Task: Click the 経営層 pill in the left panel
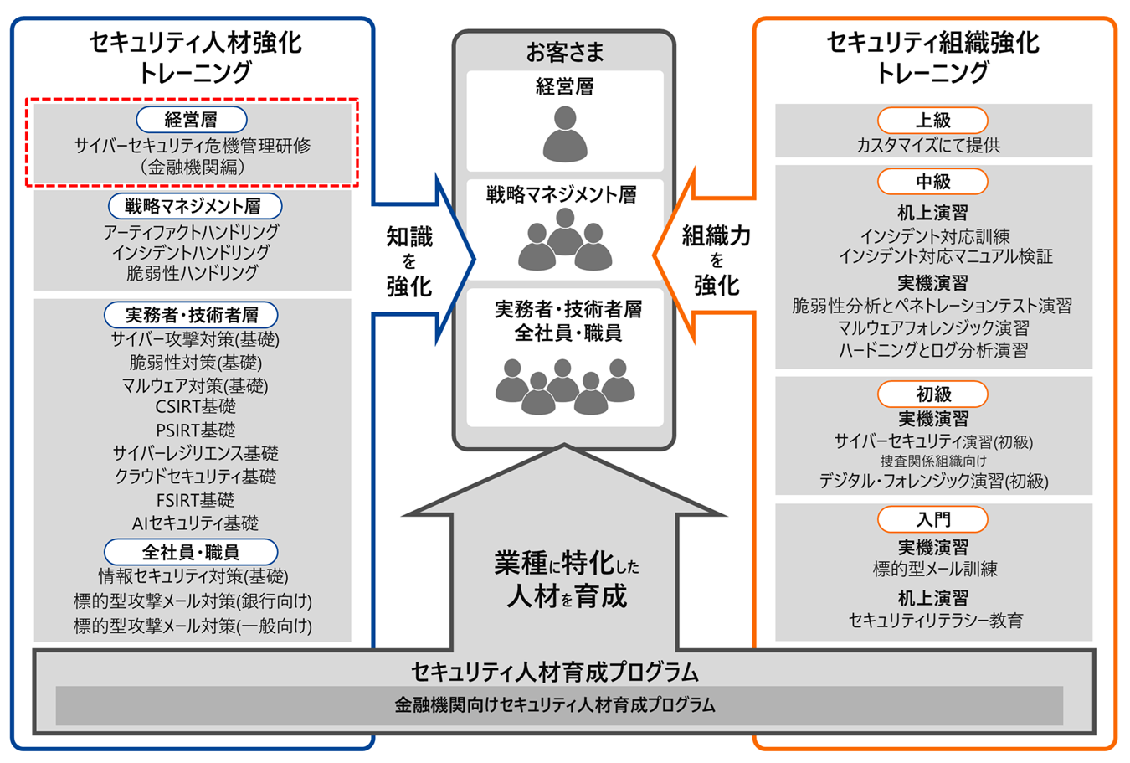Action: click(192, 120)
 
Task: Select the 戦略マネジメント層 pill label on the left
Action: click(195, 206)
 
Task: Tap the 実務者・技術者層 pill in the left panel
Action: click(191, 315)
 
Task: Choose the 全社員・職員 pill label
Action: click(191, 552)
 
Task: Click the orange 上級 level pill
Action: click(932, 121)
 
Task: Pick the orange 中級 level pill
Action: click(932, 182)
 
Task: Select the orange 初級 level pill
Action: click(932, 394)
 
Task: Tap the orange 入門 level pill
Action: click(932, 519)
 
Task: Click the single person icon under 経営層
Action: click(565, 134)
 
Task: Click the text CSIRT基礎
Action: click(195, 407)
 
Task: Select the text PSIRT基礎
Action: click(195, 430)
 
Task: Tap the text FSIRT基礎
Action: click(195, 500)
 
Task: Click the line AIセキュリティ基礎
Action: click(195, 523)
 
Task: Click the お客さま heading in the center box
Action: click(565, 53)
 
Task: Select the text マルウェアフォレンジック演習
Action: click(933, 328)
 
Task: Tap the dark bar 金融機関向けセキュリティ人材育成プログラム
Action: click(558, 705)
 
